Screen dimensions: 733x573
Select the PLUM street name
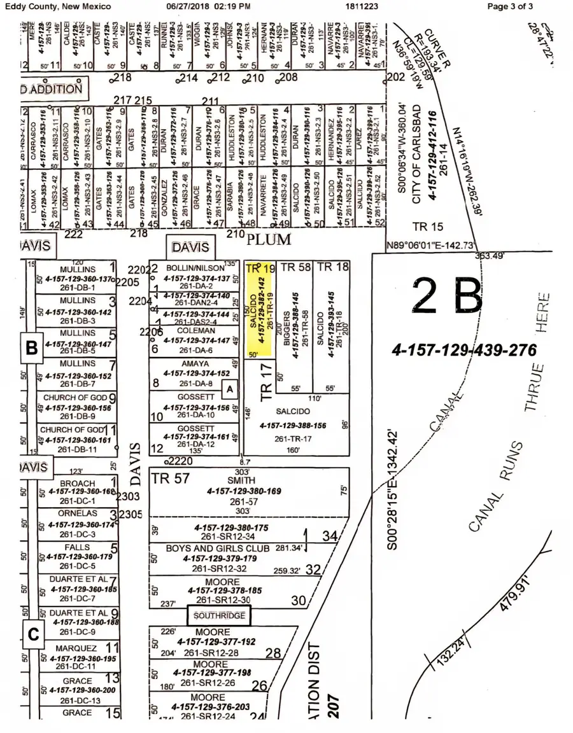[x=268, y=240]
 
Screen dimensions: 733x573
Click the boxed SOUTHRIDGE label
[x=219, y=616]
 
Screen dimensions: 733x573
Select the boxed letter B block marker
[x=31, y=347]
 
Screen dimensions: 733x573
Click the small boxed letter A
[x=230, y=388]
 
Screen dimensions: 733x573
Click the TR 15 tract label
[x=428, y=227]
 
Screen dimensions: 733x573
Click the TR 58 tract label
[x=295, y=267]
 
